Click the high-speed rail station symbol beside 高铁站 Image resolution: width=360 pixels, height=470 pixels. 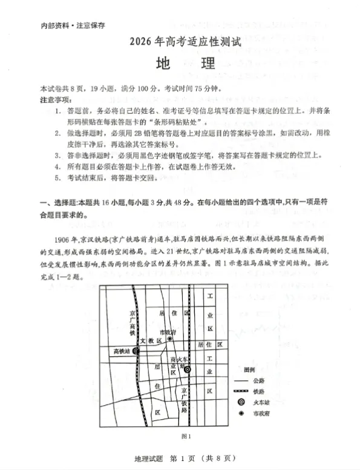pos(136,351)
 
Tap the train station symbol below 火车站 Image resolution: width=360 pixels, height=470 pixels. pos(188,369)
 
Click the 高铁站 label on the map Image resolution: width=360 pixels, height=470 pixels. pos(123,351)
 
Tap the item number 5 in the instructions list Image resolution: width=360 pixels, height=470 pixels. pos(57,178)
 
